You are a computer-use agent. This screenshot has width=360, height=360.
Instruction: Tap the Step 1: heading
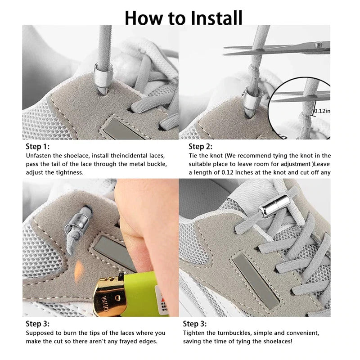click(x=38, y=146)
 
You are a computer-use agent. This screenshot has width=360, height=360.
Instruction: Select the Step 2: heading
click(x=201, y=146)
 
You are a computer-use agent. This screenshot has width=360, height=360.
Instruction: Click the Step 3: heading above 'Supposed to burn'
click(x=38, y=324)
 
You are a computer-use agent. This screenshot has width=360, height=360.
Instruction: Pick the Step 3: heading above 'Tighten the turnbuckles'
click(x=195, y=324)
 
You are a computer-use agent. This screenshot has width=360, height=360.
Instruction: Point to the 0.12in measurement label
click(x=322, y=111)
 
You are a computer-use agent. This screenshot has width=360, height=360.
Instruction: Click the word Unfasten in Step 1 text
click(x=39, y=156)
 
